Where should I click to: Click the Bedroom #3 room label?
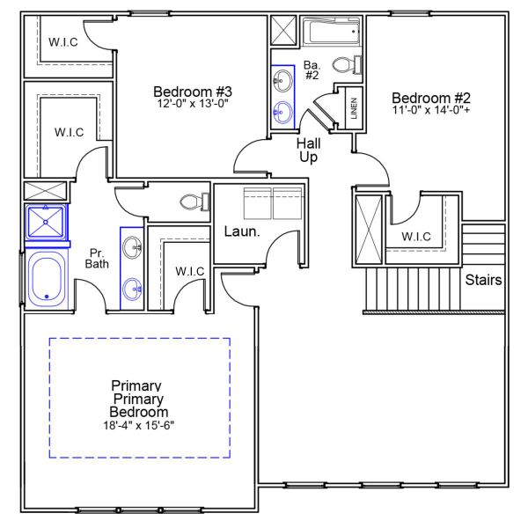[x=192, y=92]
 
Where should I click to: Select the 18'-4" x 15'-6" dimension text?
[x=139, y=425]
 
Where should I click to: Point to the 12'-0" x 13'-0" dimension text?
[x=192, y=105]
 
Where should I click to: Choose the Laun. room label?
[x=241, y=232]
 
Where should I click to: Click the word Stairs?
[x=484, y=281]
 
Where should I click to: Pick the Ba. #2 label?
[x=312, y=70]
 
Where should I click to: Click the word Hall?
[x=308, y=143]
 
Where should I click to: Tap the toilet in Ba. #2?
[x=347, y=66]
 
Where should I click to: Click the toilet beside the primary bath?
[x=192, y=202]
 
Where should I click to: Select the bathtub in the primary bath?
[x=46, y=277]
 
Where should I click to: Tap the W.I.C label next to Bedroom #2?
[x=416, y=237]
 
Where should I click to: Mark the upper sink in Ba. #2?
[x=283, y=83]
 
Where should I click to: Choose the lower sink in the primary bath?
[x=132, y=287]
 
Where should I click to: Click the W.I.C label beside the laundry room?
[x=189, y=271]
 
